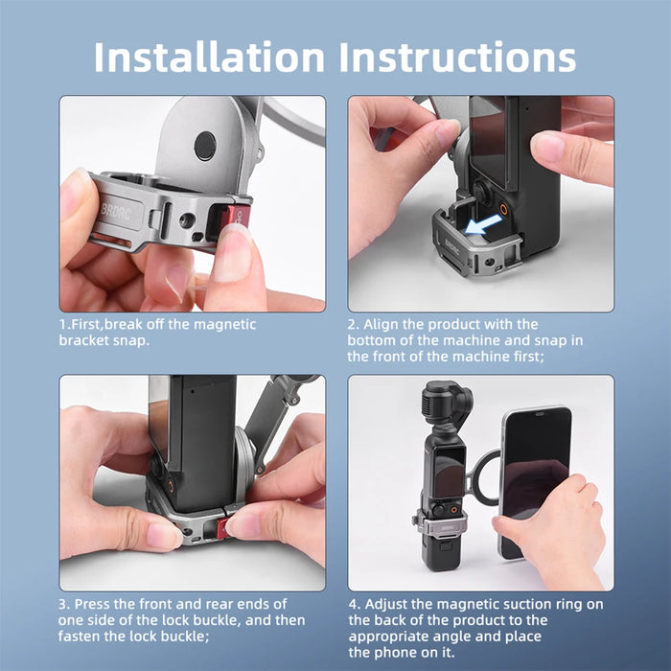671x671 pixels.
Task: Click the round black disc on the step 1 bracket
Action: click(205, 145)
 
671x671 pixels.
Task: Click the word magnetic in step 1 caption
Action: click(220, 325)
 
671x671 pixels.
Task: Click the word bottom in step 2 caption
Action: click(371, 340)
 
